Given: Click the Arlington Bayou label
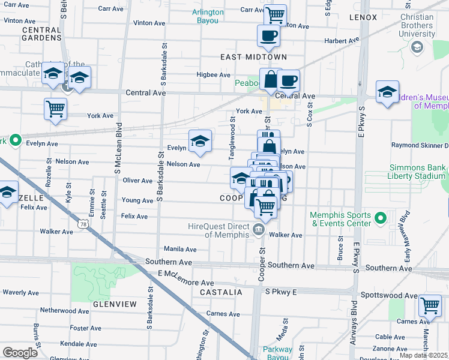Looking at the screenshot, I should pyautogui.click(x=208, y=16).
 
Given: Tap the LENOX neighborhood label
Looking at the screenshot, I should pyautogui.click(x=363, y=17).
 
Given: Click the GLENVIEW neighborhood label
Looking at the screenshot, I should pyautogui.click(x=115, y=304).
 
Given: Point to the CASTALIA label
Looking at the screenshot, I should pyautogui.click(x=222, y=292).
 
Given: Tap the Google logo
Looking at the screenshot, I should pyautogui.click(x=19, y=352).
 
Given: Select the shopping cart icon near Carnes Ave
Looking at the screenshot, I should pyautogui.click(x=430, y=305).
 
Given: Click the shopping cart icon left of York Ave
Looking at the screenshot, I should pyautogui.click(x=55, y=109).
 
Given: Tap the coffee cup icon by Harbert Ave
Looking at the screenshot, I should pyautogui.click(x=268, y=35).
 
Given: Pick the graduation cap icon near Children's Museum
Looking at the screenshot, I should pyautogui.click(x=387, y=92).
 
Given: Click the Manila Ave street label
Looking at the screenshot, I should pyautogui.click(x=181, y=249).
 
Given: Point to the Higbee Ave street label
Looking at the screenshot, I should pyautogui.click(x=214, y=75).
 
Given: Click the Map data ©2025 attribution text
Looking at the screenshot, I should pyautogui.click(x=424, y=355).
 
